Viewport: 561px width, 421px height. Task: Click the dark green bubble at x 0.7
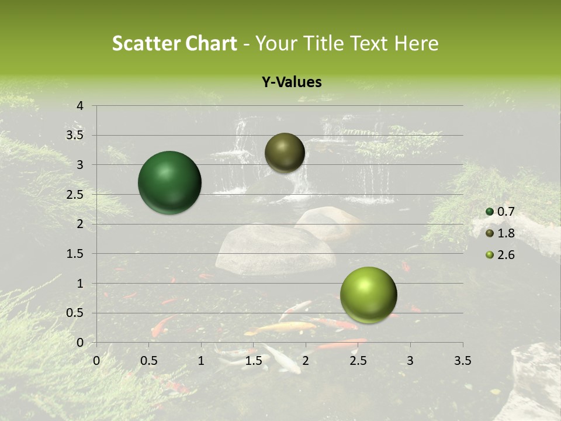(x=169, y=182)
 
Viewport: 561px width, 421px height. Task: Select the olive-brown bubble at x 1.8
(x=285, y=153)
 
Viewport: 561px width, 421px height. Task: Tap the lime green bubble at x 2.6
(x=368, y=295)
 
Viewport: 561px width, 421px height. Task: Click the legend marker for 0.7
(x=490, y=212)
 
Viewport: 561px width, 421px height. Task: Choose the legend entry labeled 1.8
(x=505, y=233)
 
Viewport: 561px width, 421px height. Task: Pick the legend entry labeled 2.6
(x=505, y=255)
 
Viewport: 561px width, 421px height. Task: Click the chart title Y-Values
(x=291, y=82)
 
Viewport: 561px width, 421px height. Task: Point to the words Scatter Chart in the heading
(x=174, y=43)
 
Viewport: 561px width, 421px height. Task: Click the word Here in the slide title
(x=415, y=43)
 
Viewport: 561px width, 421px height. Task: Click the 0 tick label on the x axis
(x=97, y=361)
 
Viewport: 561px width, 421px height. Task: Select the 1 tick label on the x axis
(x=201, y=361)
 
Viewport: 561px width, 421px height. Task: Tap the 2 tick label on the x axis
(x=306, y=361)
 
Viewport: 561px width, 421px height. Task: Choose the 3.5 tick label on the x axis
(x=462, y=361)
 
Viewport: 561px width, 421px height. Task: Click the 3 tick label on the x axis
(x=410, y=361)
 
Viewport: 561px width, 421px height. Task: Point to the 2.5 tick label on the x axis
(x=358, y=361)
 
